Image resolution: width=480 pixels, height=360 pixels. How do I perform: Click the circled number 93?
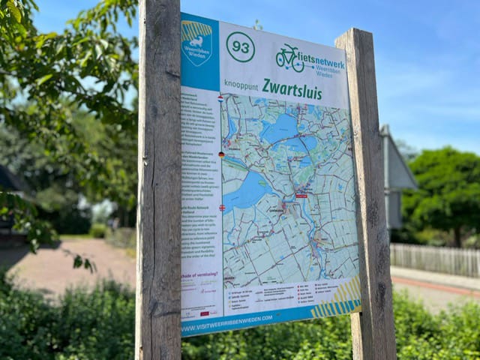240,47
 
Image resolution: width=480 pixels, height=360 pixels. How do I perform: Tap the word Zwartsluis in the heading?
292,88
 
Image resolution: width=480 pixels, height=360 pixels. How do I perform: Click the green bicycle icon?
289,58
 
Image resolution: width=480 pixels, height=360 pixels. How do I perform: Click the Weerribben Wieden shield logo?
196,42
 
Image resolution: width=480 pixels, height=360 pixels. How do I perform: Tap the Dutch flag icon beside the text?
220,97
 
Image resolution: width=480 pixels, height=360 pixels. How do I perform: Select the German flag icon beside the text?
221,154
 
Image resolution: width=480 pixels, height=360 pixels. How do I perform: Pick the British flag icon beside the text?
222,208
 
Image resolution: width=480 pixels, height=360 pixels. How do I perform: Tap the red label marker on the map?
301,196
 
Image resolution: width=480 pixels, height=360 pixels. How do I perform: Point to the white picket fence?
435,259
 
